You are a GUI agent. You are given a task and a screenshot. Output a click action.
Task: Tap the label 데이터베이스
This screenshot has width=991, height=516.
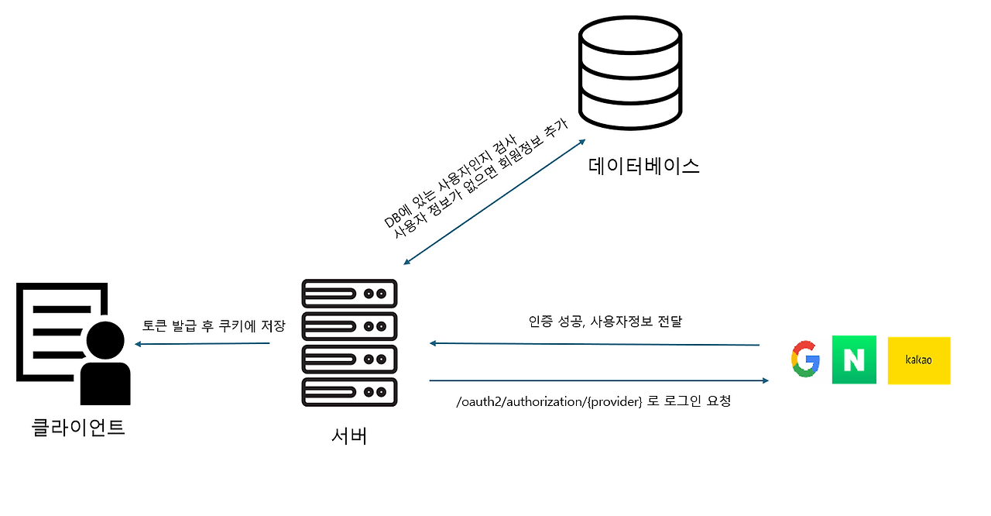[x=644, y=165]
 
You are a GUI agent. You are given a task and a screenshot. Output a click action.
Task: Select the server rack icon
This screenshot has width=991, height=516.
[x=349, y=343]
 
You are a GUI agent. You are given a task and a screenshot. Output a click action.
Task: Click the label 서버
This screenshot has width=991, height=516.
[x=348, y=435]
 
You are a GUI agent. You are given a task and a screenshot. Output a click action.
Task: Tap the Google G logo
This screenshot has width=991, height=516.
[x=805, y=359]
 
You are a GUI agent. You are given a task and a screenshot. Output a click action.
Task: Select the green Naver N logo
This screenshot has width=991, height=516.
[x=854, y=359]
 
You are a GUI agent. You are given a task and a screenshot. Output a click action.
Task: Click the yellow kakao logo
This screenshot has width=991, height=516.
[x=919, y=360]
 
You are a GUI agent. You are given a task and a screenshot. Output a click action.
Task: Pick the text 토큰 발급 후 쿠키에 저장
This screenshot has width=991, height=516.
[x=214, y=325]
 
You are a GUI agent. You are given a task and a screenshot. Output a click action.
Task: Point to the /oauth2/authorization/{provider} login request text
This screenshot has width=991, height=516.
[x=594, y=401]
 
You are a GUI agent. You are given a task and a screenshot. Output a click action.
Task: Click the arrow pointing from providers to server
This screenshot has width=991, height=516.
[x=594, y=344]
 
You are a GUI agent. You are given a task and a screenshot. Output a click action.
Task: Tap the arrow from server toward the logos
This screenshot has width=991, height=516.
[x=598, y=380]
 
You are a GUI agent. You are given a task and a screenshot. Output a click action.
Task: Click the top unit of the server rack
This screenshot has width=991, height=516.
[x=349, y=294]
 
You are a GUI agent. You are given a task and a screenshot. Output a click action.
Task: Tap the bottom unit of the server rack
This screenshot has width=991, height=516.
[x=349, y=392]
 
